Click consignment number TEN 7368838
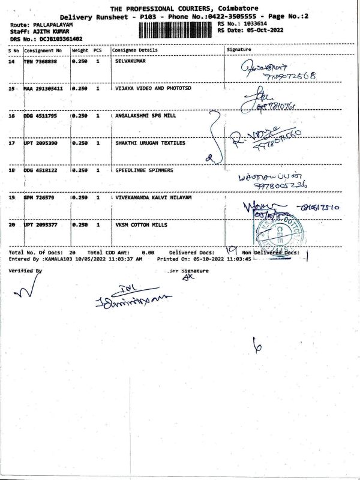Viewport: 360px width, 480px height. pos(41,61)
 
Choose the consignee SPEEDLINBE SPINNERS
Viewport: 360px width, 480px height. pos(144,170)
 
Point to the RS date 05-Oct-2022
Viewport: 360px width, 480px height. pos(268,30)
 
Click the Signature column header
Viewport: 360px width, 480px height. pos(239,50)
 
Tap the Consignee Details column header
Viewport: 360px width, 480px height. pos(134,50)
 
